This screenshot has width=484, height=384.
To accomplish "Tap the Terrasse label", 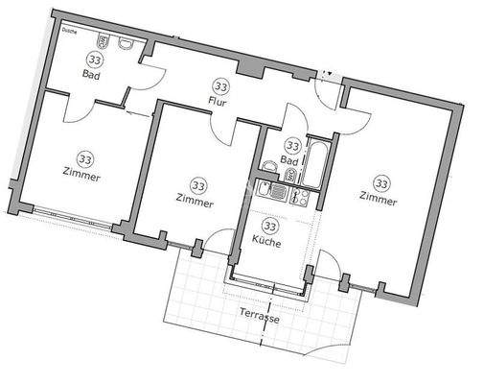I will point(261,319).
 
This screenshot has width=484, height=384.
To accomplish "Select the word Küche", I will point(267,243).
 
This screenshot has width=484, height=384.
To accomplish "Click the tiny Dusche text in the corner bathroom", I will point(67,31).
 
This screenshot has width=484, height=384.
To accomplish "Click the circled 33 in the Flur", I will point(221,84).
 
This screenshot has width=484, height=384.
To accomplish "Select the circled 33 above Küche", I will point(271,227).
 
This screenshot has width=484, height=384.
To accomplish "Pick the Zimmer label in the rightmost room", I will point(378,199).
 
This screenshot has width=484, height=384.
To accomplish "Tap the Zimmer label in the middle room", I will point(196,201).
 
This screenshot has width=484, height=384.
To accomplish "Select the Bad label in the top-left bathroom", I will point(91,74).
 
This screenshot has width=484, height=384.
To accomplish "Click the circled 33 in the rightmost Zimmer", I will point(382,182).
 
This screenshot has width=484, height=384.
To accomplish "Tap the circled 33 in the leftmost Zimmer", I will point(86,159).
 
